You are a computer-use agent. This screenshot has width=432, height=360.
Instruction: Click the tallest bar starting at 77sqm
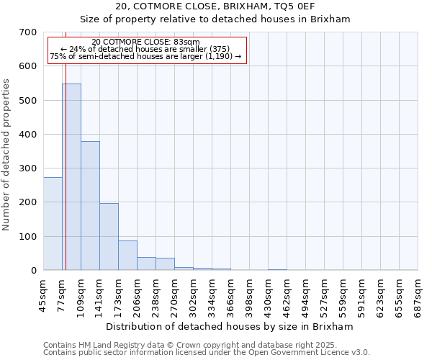pyautogui.click(x=71, y=177)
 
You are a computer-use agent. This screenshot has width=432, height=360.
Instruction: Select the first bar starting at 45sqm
pyautogui.click(x=53, y=224)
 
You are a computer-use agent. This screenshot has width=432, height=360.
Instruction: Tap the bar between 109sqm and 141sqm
pyautogui.click(x=90, y=206)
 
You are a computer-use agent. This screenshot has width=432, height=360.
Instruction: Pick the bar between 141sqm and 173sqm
pyautogui.click(x=109, y=237)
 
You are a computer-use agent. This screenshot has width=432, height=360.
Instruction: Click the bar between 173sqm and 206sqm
pyautogui.click(x=127, y=256)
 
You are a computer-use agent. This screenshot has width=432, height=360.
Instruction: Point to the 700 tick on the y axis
pyautogui.click(x=28, y=32)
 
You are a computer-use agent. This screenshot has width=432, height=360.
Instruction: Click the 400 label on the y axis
pyautogui.click(x=28, y=135)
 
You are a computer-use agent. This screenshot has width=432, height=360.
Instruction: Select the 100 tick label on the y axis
pyautogui.click(x=28, y=237)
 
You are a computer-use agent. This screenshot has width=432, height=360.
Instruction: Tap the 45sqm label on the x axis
pyautogui.click(x=43, y=296)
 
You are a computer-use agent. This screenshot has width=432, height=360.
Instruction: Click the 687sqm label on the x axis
pyautogui.click(x=418, y=296)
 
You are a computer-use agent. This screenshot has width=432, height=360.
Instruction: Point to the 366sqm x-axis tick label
pyautogui.click(x=230, y=296)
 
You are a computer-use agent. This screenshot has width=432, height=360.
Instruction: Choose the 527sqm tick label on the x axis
pyautogui.click(x=324, y=296)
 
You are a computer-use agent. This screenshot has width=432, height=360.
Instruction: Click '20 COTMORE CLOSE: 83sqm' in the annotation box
pyautogui.click(x=146, y=42)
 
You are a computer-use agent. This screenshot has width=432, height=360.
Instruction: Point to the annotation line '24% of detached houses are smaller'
pyautogui.click(x=146, y=49)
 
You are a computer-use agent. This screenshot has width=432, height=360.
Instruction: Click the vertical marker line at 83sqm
pyautogui.click(x=66, y=180)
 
